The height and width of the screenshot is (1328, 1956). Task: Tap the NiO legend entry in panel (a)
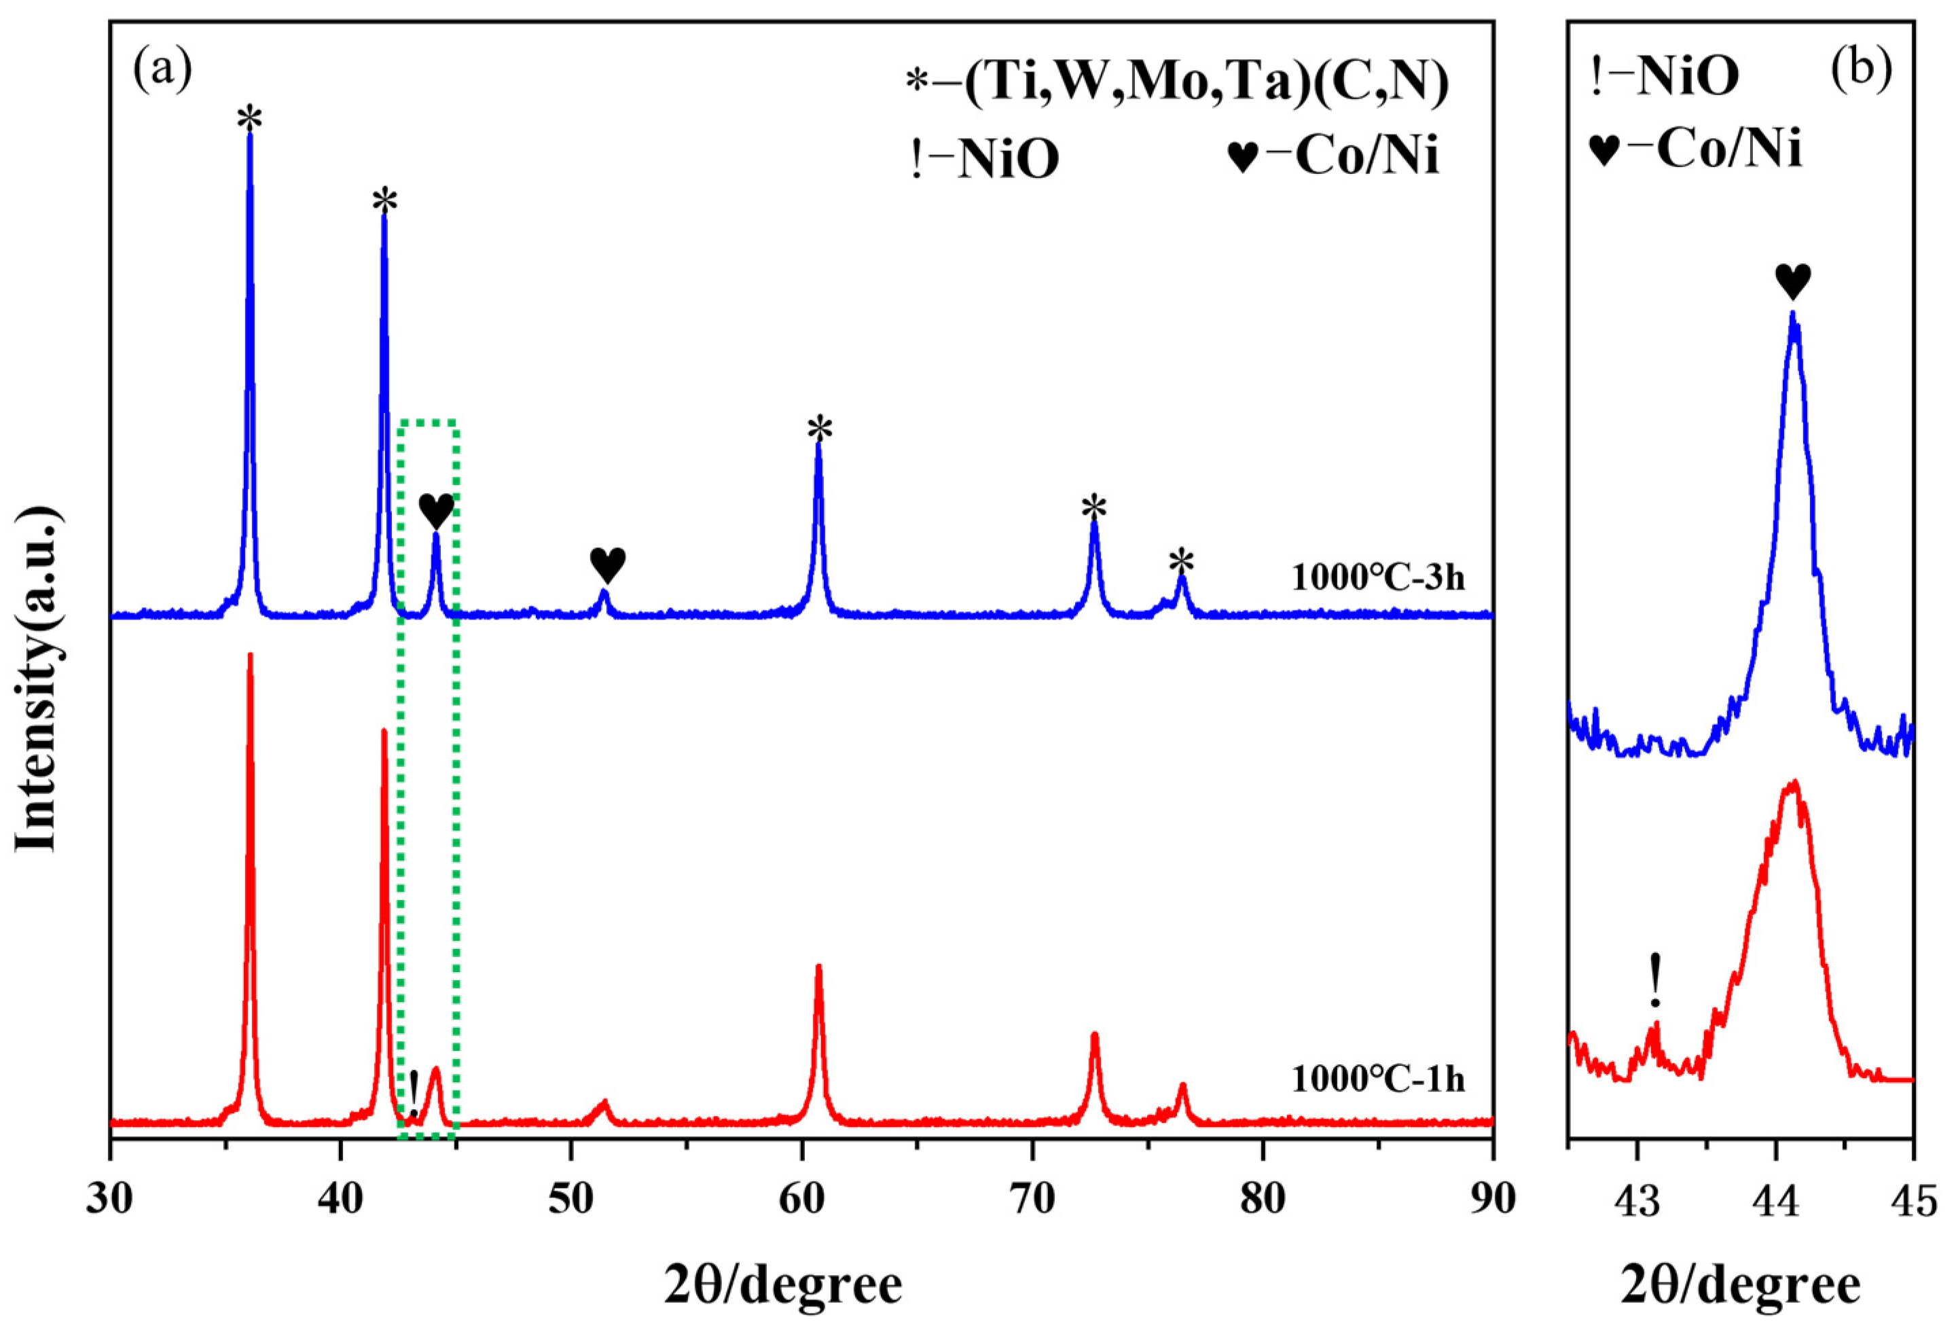984,158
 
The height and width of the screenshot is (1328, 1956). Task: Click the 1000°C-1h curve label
1378,1079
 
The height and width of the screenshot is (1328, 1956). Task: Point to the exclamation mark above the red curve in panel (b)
1654,980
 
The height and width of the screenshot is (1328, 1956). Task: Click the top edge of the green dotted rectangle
429,420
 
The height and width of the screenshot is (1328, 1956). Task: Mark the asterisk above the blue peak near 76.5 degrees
1182,561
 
